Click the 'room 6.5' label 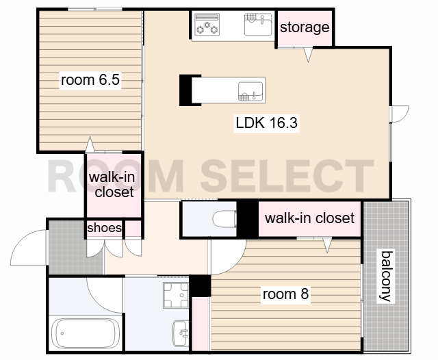[x=90, y=80]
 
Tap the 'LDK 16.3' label [x=266, y=123]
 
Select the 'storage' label [x=305, y=27]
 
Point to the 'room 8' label [x=285, y=294]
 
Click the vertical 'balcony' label [x=386, y=277]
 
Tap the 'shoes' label [x=105, y=228]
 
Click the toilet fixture [x=224, y=219]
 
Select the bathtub [x=85, y=333]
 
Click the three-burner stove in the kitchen [x=207, y=25]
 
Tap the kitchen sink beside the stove [x=258, y=25]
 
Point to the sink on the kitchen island [x=250, y=91]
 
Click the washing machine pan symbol [x=176, y=295]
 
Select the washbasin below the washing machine [x=181, y=333]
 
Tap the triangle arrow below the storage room [x=308, y=55]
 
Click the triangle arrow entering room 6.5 [x=90, y=144]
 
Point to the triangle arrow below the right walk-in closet [x=327, y=245]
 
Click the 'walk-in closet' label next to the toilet [x=309, y=218]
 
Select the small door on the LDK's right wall [x=400, y=114]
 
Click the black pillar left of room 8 [x=200, y=285]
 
